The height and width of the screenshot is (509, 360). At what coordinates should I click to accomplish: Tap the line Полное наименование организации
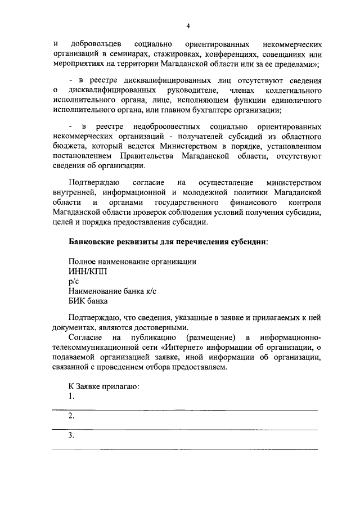(133, 262)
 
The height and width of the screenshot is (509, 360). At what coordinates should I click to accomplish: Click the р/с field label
(74, 281)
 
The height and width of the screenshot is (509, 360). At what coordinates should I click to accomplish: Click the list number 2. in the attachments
(71, 417)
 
